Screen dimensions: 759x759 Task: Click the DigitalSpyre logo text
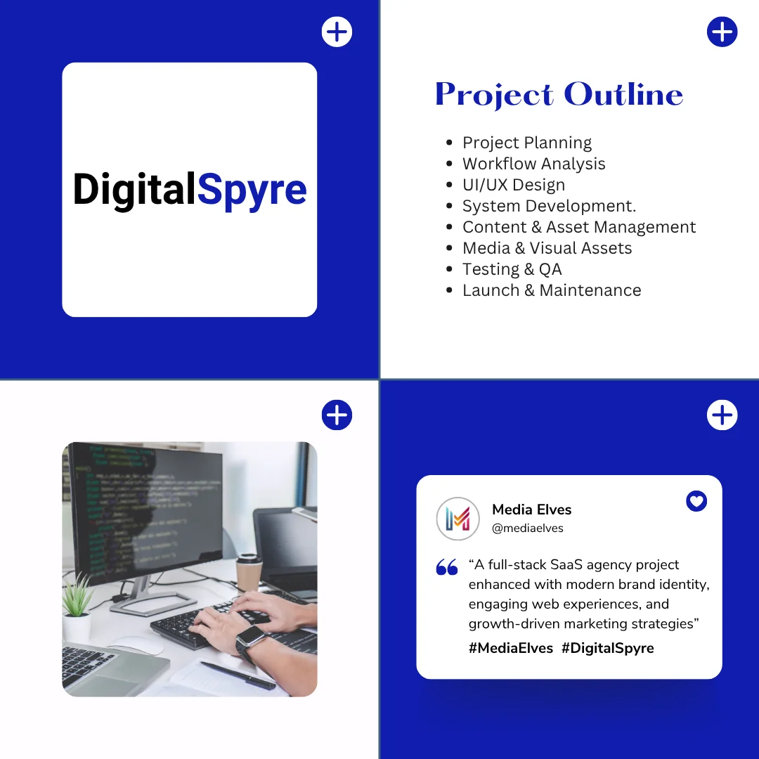(190, 190)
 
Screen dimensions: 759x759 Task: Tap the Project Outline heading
(559, 95)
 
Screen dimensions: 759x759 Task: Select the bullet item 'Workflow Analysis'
(533, 164)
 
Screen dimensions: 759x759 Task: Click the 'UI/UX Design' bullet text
(514, 185)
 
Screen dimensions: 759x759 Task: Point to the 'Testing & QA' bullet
(512, 269)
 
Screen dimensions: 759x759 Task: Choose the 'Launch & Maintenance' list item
(552, 290)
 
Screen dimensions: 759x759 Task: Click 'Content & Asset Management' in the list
(579, 227)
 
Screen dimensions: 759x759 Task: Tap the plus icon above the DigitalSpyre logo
(337, 32)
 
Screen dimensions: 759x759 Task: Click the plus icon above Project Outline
(722, 32)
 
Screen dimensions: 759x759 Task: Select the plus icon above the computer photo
(337, 415)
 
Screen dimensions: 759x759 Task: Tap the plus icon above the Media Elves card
(722, 415)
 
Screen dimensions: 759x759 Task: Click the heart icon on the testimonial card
(696, 501)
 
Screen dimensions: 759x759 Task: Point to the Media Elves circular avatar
(458, 519)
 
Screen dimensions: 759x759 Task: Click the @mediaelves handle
(528, 528)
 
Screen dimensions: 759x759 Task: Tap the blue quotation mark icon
(447, 567)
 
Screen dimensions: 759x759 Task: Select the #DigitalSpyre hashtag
(607, 648)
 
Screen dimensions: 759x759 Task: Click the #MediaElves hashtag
(511, 648)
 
